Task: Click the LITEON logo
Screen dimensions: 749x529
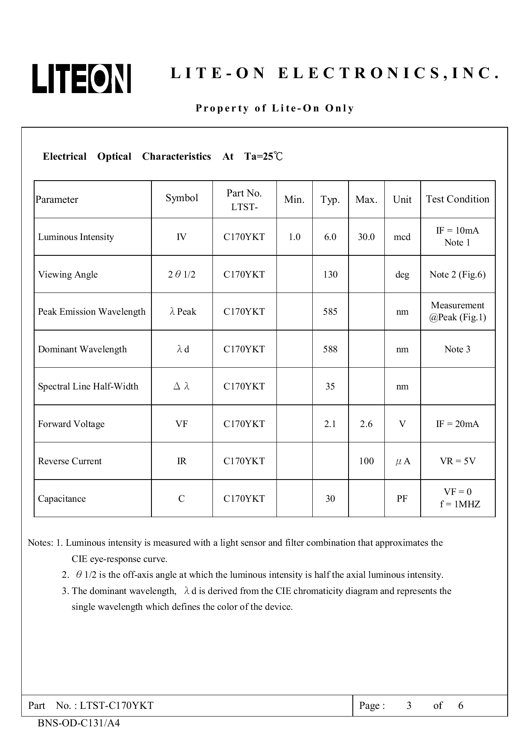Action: click(x=81, y=79)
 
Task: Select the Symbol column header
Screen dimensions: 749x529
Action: click(x=182, y=198)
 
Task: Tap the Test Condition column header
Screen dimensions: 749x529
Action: click(x=457, y=199)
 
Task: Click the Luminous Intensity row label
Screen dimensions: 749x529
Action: click(x=76, y=237)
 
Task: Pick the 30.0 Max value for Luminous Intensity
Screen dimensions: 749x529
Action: click(x=366, y=237)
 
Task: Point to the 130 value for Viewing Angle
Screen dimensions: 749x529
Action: click(x=330, y=275)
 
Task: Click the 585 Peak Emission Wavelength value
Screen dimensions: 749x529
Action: click(x=330, y=312)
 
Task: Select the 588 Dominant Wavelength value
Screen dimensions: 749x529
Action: click(x=330, y=349)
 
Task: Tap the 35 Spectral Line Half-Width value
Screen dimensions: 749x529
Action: click(x=330, y=386)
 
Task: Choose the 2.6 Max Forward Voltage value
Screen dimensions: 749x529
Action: click(x=366, y=424)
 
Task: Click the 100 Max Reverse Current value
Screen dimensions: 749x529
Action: click(x=366, y=461)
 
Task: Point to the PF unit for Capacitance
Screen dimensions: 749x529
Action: click(x=402, y=499)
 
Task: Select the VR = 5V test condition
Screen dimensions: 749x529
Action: click(x=457, y=461)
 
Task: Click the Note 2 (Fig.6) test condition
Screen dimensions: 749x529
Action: click(x=457, y=275)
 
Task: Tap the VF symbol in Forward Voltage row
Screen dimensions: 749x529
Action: click(x=182, y=424)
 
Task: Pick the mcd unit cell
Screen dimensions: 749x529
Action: click(x=402, y=237)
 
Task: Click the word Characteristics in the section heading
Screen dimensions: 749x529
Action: click(x=177, y=157)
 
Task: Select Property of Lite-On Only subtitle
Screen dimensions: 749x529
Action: click(x=275, y=108)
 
